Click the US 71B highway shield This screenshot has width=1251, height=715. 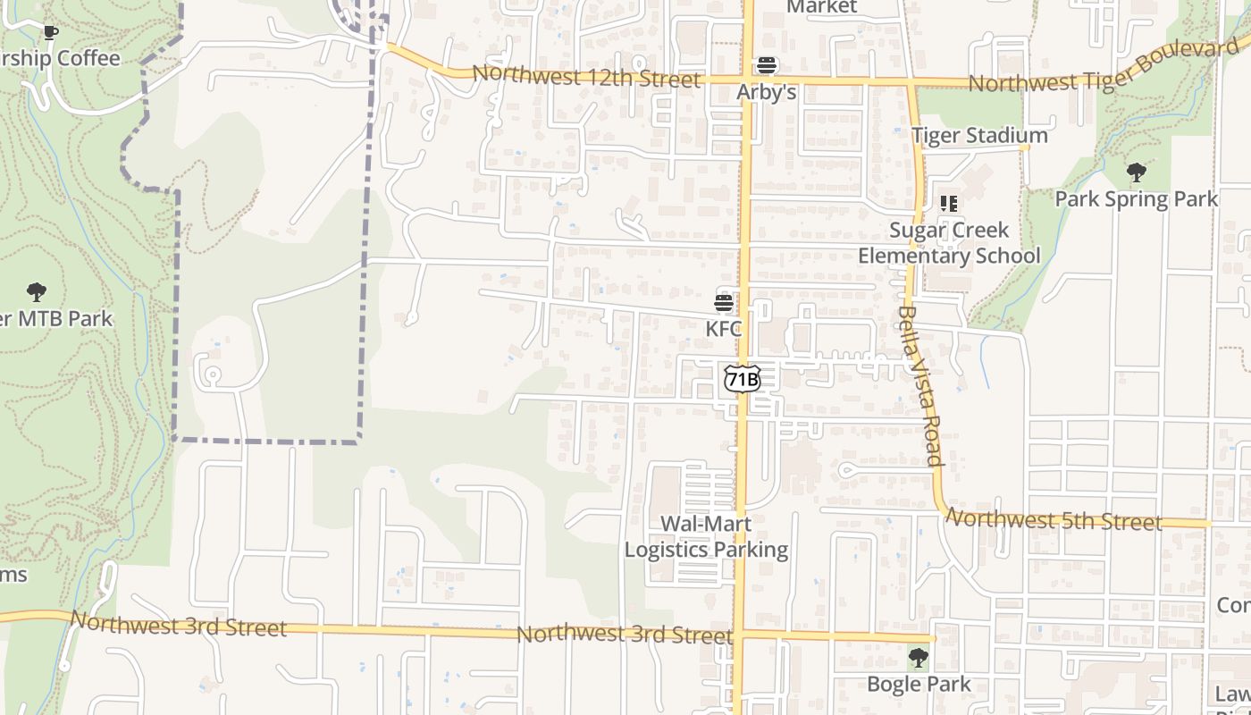(742, 379)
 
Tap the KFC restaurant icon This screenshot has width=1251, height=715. (724, 302)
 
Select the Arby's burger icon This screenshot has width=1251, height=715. (767, 65)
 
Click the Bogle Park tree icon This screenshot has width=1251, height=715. (918, 659)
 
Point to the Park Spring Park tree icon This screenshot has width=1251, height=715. (1137, 172)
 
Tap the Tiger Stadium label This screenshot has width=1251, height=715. (979, 136)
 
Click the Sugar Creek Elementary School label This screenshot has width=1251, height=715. (949, 243)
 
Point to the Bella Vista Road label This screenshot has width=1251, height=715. (921, 386)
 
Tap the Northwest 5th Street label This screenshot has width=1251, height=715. (1054, 519)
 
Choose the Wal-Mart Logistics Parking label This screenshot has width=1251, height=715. (706, 536)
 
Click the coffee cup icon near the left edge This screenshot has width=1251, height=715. (51, 33)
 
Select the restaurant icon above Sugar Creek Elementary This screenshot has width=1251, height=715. (949, 204)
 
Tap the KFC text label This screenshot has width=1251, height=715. (724, 329)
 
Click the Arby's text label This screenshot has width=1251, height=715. (767, 93)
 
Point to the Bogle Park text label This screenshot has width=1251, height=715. (919, 685)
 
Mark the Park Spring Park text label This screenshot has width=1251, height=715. (1137, 198)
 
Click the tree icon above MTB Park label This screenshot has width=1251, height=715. (37, 291)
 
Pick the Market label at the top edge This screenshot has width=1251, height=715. (821, 7)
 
